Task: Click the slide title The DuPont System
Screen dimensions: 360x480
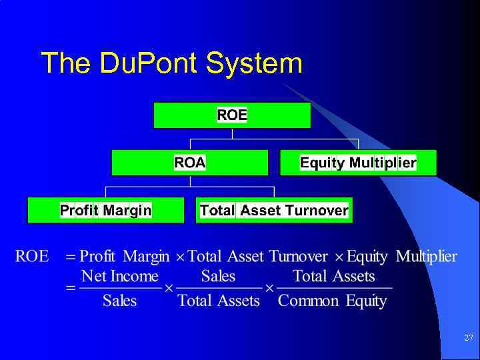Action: [171, 63]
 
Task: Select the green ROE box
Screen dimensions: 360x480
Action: [232, 115]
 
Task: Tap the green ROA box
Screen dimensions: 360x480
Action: [190, 163]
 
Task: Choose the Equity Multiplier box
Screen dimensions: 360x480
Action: [358, 163]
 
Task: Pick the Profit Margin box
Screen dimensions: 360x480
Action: [105, 211]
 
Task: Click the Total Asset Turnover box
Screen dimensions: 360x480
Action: [274, 211]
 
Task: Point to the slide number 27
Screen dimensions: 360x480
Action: [468, 339]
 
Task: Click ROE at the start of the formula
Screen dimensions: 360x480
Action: [32, 257]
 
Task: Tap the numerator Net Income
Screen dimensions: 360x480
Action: [120, 276]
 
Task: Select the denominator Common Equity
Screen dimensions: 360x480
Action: [332, 301]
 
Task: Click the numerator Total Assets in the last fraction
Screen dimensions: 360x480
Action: [334, 276]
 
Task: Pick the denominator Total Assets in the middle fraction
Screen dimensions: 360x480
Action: [219, 301]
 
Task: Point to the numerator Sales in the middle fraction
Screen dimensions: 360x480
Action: [218, 276]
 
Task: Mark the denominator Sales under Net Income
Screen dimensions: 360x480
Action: [120, 301]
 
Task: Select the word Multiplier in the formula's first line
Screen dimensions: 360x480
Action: [427, 257]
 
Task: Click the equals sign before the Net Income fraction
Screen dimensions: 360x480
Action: [70, 289]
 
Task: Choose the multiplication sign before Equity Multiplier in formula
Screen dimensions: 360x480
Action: [339, 257]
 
